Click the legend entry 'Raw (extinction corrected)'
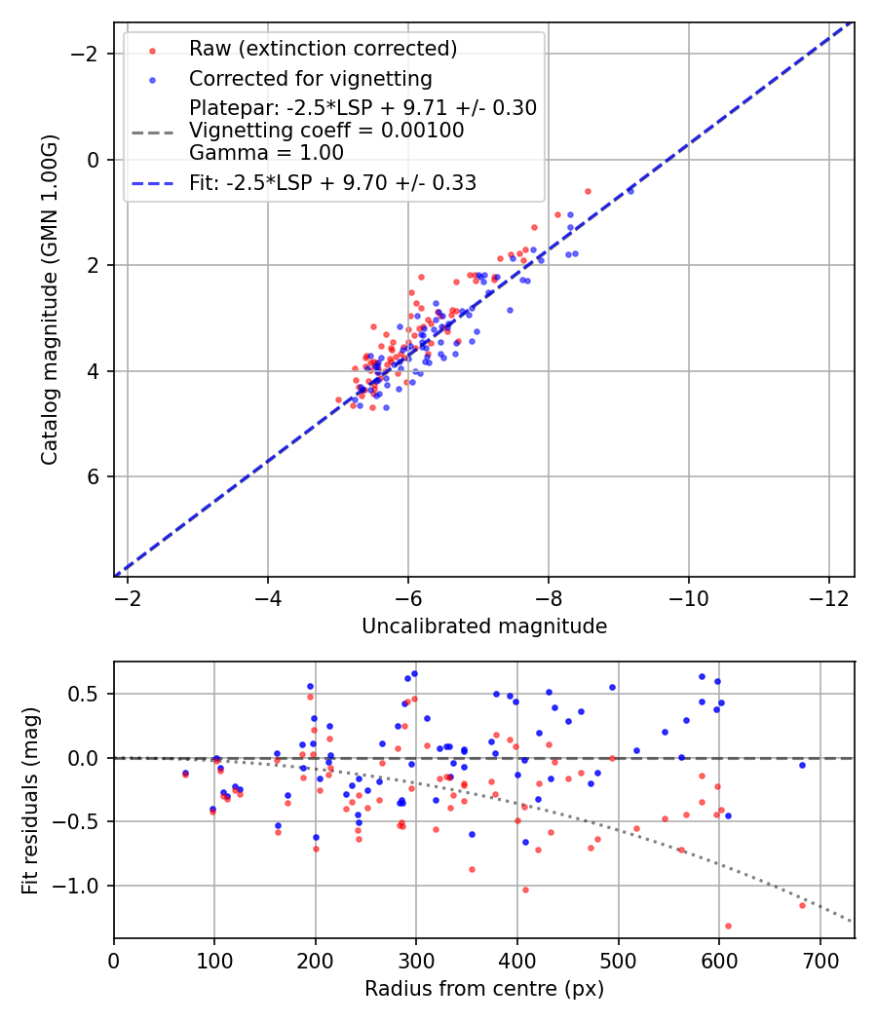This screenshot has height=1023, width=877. [x=323, y=49]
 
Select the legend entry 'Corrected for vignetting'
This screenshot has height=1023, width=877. [x=310, y=78]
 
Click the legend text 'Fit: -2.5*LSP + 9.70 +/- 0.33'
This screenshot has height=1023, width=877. [x=332, y=182]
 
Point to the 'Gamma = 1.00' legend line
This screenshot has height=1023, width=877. [x=266, y=153]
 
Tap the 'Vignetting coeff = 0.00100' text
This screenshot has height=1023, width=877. [x=326, y=131]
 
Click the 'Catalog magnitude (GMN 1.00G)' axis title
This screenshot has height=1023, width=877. [x=50, y=299]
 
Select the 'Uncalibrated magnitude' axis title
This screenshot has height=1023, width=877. [x=484, y=626]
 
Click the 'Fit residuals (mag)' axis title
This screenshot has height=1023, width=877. [x=30, y=800]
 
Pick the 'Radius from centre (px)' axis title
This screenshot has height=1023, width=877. [x=484, y=989]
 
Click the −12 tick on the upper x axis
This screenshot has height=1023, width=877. [x=829, y=595]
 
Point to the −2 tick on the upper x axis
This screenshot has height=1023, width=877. [x=128, y=595]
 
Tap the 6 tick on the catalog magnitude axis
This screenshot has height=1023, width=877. [x=93, y=476]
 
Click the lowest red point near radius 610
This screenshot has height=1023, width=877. [x=728, y=926]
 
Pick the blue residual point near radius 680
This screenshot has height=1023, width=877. [x=802, y=765]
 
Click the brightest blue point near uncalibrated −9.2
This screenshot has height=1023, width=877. [x=630, y=191]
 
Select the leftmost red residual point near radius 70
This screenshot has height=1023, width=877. [x=185, y=775]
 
